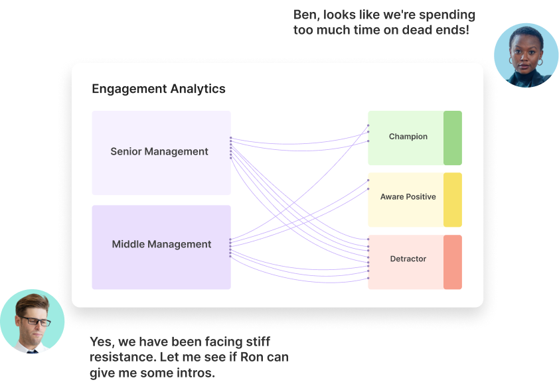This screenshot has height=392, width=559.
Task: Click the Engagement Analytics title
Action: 159,89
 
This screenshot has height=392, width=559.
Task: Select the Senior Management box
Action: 161,153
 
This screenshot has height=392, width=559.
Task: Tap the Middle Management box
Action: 161,247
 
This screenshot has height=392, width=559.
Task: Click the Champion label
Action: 408,137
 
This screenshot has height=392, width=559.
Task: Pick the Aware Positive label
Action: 408,197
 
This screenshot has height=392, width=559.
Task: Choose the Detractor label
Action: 408,259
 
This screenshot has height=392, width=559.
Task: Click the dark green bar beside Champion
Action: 453,138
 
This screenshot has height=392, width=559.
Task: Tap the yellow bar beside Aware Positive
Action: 453,200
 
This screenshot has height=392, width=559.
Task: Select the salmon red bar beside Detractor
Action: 453,262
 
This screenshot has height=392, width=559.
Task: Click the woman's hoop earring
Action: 540,62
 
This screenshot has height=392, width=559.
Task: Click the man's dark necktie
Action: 32,352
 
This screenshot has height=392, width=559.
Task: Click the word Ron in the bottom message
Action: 254,357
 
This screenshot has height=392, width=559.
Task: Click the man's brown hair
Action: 32,303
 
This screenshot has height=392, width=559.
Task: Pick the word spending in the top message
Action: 447,15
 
